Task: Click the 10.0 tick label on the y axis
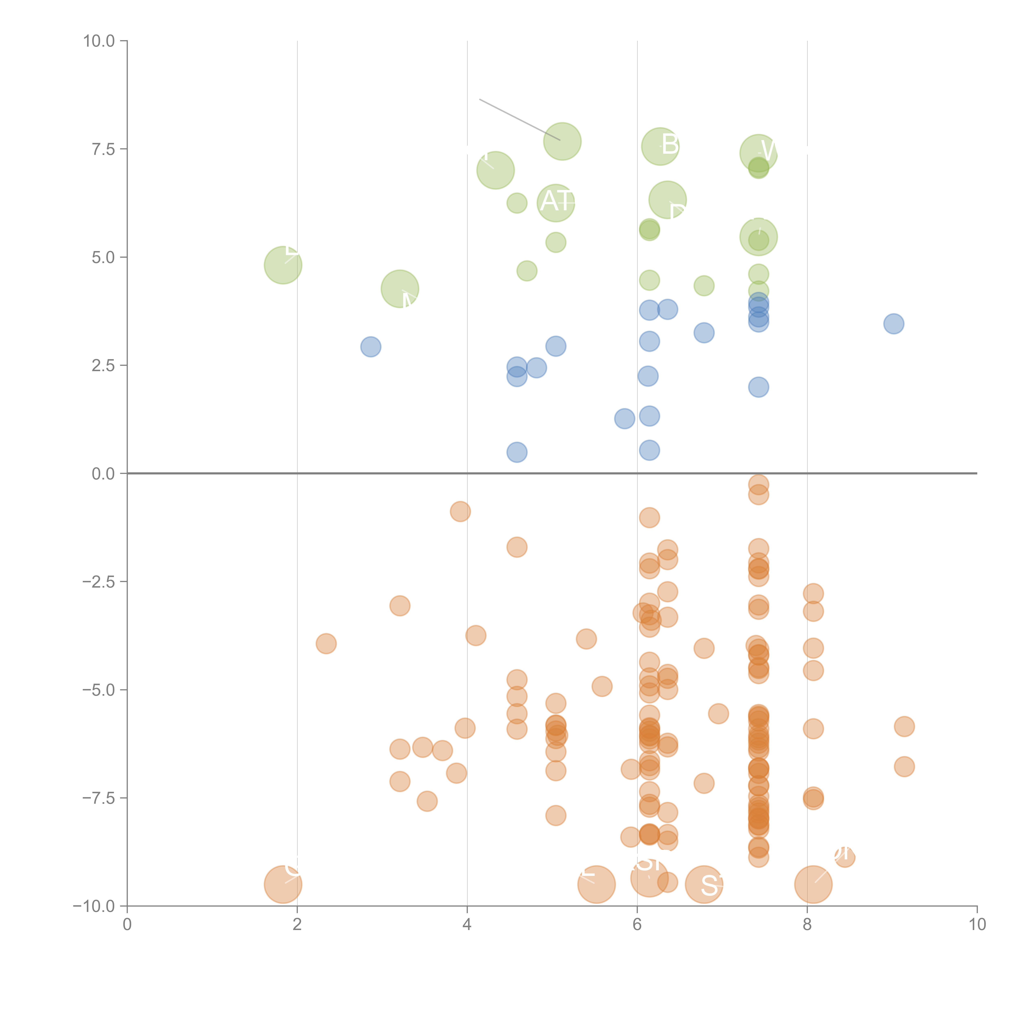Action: click(x=99, y=41)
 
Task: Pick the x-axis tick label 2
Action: click(x=297, y=925)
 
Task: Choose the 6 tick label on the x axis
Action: click(x=637, y=925)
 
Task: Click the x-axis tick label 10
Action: click(x=977, y=925)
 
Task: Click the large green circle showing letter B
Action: click(x=660, y=146)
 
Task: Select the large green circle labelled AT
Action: click(x=556, y=203)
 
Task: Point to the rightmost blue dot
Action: click(x=894, y=324)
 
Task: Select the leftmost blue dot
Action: click(x=371, y=347)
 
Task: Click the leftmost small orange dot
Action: click(x=326, y=643)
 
